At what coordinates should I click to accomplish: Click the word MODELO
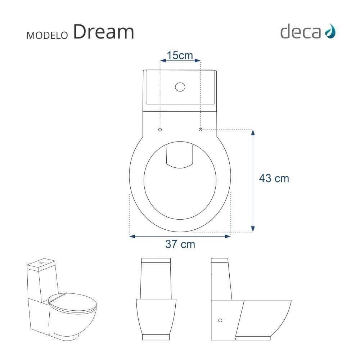click(x=47, y=35)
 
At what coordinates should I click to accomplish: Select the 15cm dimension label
click(x=180, y=55)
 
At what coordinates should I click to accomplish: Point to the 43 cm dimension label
click(x=274, y=178)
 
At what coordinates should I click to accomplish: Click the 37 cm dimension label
click(x=180, y=244)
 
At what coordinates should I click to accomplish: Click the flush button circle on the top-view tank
click(x=180, y=87)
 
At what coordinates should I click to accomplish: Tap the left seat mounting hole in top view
click(x=160, y=129)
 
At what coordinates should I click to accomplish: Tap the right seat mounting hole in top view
click(x=201, y=129)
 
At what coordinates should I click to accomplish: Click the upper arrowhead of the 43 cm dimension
click(x=253, y=132)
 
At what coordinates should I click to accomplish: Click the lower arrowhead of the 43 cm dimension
click(x=253, y=229)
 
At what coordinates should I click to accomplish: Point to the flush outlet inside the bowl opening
click(x=180, y=155)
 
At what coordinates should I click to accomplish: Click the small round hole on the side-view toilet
click(x=220, y=320)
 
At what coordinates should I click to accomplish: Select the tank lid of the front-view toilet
click(x=156, y=260)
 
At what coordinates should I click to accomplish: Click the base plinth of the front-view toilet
click(x=156, y=337)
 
